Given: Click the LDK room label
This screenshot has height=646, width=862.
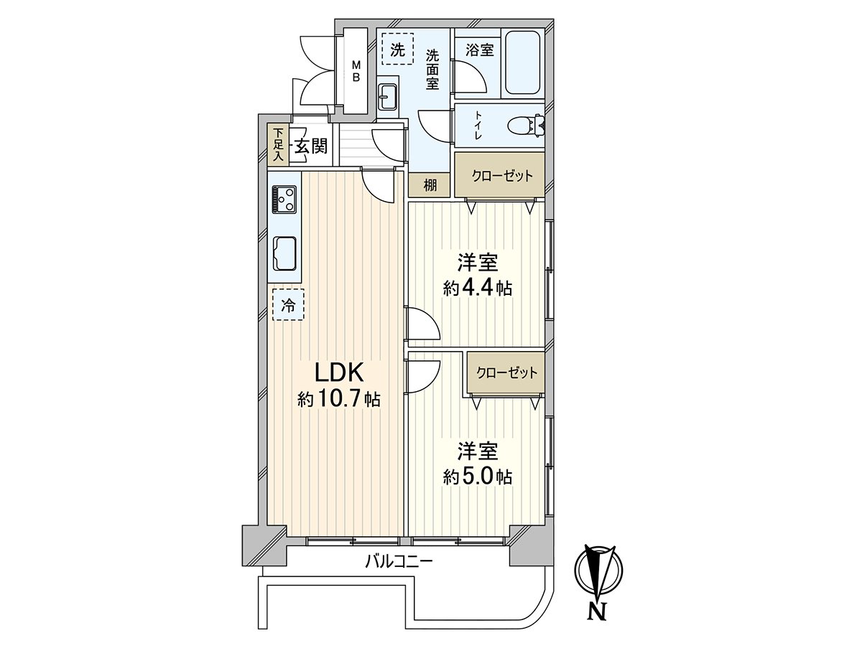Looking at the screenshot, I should pos(338,373).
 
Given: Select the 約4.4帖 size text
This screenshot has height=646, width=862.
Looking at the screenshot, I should pos(478,289).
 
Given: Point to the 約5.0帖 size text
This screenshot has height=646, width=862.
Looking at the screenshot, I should pos(478,476).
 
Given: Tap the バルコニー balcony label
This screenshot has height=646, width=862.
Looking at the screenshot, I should pos(398,562).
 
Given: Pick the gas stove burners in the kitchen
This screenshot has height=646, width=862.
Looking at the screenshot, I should pos(284,199).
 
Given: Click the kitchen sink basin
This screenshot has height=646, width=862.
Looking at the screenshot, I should pos(284,252).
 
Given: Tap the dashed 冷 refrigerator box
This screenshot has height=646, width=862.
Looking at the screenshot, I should pos(287,305).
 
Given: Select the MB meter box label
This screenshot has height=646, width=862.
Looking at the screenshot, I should pos(355,72).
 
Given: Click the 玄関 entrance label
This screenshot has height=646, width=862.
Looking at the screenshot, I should pos(310,147).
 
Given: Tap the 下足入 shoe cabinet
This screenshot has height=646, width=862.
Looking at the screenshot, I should pos(278,146).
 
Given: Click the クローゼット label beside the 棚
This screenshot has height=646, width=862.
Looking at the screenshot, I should pos(502,176).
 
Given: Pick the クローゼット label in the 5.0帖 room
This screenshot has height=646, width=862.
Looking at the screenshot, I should pos(506,373).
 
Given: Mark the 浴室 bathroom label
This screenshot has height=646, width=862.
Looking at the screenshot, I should pos(478,50).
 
